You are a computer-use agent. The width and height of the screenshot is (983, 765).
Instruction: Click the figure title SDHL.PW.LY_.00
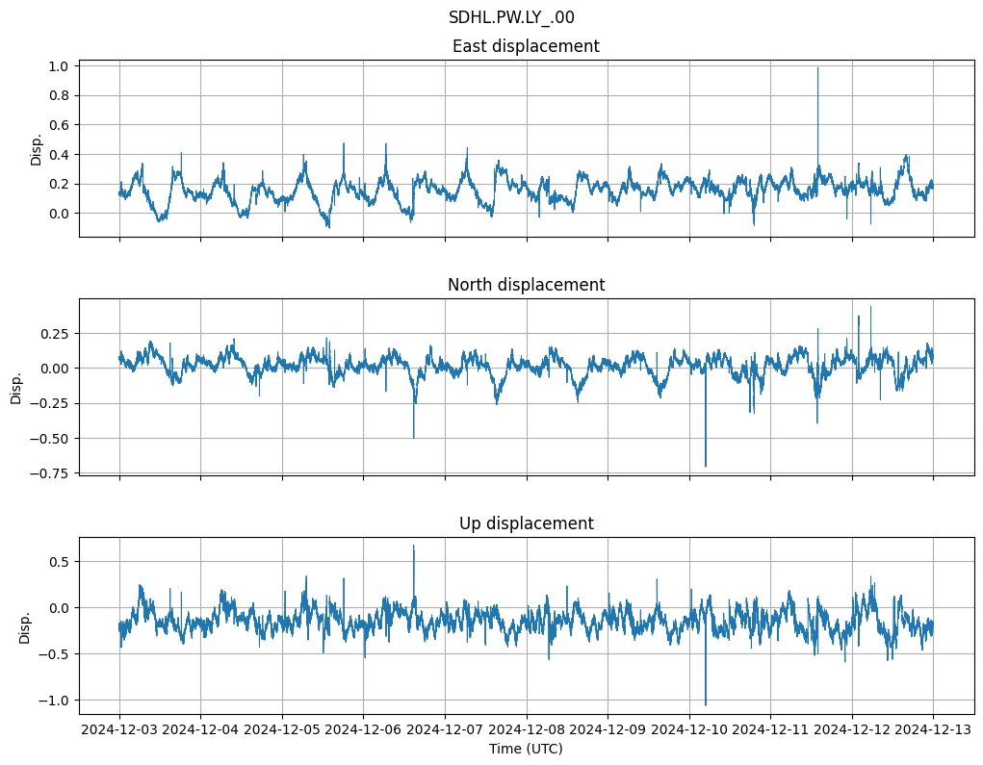[x=511, y=17]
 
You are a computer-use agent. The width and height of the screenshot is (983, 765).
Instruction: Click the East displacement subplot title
[x=526, y=46]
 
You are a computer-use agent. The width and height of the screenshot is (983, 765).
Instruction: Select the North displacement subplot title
[x=526, y=285]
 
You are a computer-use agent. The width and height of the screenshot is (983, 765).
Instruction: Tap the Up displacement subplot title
[x=526, y=523]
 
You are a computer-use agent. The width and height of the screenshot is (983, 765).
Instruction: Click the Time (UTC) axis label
[x=526, y=748]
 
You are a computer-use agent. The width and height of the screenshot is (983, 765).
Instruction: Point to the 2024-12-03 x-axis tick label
[x=119, y=730]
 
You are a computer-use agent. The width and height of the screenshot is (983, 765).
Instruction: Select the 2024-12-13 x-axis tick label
[x=933, y=730]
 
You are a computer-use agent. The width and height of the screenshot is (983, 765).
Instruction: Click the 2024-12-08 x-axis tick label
[x=527, y=730]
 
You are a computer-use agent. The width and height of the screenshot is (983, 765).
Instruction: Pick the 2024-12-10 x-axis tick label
[x=689, y=730]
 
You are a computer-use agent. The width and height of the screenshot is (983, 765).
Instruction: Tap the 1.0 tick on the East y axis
[x=59, y=66]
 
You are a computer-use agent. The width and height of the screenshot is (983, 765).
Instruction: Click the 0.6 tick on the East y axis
[x=59, y=125]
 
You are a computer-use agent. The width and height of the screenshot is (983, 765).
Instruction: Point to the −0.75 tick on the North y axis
[x=49, y=472]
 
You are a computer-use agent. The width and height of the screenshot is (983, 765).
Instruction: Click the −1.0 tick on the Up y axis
[x=53, y=701]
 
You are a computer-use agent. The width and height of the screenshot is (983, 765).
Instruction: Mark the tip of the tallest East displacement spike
[x=817, y=67]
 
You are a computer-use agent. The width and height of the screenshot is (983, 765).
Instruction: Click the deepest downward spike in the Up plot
[x=706, y=705]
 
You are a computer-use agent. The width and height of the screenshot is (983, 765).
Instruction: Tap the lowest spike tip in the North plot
[x=706, y=467]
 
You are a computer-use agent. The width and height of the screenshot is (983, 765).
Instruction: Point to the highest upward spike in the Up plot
[x=414, y=546]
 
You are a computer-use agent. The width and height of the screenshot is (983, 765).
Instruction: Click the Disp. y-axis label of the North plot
[x=16, y=387]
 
